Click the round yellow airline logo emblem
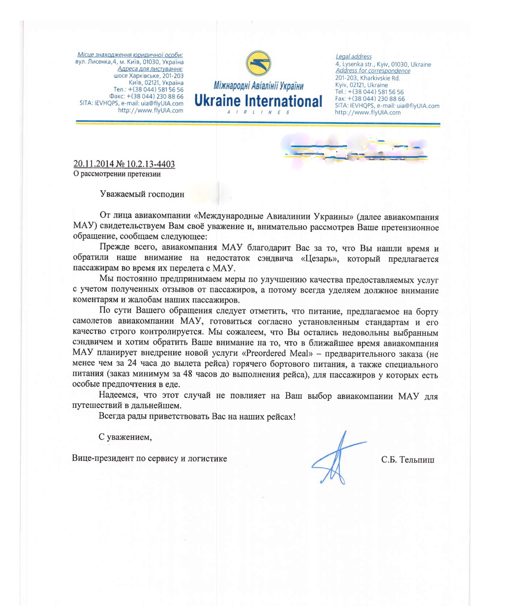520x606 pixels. pos(258,64)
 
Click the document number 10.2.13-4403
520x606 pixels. pos(150,164)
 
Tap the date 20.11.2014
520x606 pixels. pos(94,164)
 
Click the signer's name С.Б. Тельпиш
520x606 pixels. pos(408,460)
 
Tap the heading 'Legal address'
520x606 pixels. pos(353,57)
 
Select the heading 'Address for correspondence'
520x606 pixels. pos(373,71)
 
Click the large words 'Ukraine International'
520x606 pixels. pos(258,101)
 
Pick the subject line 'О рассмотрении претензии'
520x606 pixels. pos(117,174)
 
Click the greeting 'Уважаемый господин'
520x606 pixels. pos(142,194)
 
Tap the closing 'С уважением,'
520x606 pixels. pos(125,437)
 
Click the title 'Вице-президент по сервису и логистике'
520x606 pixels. pos(149,458)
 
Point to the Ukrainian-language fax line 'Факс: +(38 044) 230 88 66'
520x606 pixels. pos(146,96)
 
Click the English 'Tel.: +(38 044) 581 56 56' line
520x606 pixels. pos(369,92)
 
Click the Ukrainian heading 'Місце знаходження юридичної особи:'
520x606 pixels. pos(130,55)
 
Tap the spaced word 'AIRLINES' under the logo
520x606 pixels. pos(258,112)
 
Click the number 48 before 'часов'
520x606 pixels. pos(187,374)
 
